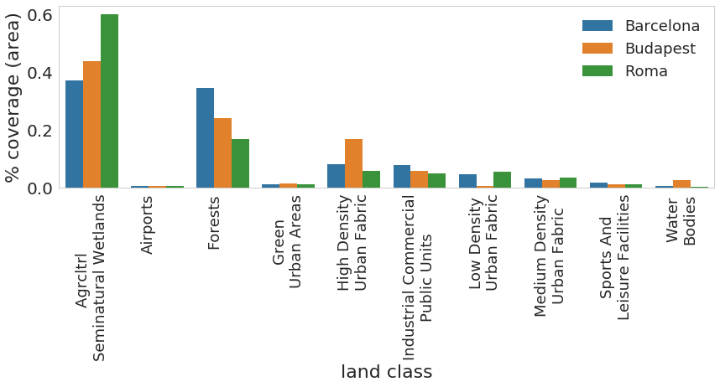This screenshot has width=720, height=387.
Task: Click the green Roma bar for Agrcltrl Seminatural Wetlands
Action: coord(109,101)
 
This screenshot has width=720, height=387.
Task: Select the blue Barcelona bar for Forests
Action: coord(205,138)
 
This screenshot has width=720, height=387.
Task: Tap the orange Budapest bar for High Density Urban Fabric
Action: coord(353,163)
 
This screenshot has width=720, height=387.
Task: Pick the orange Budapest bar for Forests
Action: coord(222,153)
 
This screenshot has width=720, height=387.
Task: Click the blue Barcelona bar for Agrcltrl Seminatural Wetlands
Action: coord(74,134)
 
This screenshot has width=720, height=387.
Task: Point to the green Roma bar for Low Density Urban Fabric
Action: coord(502,180)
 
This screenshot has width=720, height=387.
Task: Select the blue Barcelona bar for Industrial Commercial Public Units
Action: coord(402,177)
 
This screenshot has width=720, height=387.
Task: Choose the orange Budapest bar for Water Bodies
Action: coord(681,184)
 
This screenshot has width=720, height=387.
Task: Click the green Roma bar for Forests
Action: coord(240,163)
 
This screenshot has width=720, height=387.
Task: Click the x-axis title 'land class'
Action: coord(386,372)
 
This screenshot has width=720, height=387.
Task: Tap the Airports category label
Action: coord(148,224)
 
